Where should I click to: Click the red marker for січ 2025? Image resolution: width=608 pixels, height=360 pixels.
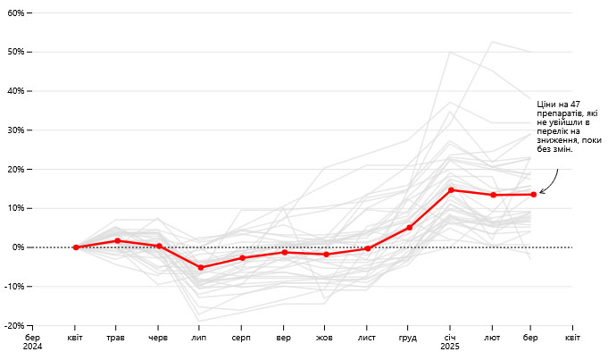tap(451, 189)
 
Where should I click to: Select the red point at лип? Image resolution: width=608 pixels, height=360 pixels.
tap(201, 267)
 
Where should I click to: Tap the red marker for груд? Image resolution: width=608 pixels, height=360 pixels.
tap(409, 228)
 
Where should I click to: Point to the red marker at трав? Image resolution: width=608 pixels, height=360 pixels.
tap(118, 240)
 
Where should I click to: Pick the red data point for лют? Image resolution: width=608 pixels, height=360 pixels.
tap(493, 195)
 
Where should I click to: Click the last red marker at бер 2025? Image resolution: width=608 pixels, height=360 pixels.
tap(533, 194)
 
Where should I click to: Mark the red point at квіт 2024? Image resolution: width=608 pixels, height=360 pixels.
tap(76, 247)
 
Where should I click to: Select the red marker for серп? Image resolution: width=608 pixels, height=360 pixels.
tap(242, 257)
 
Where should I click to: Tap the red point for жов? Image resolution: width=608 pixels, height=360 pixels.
tap(326, 255)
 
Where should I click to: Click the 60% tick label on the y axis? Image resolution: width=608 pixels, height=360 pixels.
tap(16, 13)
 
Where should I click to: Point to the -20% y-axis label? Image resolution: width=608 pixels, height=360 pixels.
tap(14, 326)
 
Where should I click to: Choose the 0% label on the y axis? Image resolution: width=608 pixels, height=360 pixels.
tap(19, 247)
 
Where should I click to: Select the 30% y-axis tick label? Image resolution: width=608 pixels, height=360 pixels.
tap(16, 130)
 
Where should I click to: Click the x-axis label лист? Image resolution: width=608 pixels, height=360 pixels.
tap(367, 337)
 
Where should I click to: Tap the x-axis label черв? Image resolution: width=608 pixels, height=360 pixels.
tap(158, 337)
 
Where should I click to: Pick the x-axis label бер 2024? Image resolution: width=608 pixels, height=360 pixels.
tap(32, 341)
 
